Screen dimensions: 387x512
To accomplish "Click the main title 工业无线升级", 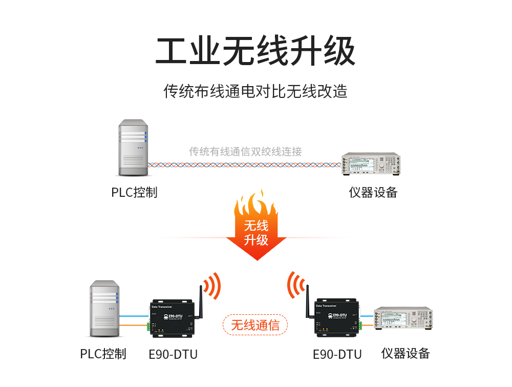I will [x=255, y=51].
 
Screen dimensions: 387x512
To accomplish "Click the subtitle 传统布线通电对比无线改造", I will [x=255, y=91].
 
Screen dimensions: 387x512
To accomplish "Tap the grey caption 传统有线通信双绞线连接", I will [x=245, y=151].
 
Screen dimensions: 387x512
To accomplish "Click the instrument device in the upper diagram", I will [x=371, y=165].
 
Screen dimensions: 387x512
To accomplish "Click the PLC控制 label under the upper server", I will [x=134, y=193].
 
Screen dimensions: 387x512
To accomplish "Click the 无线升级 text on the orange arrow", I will [x=256, y=233].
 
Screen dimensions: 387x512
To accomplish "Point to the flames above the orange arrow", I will [x=256, y=205].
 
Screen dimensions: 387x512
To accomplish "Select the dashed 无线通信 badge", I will [x=255, y=325].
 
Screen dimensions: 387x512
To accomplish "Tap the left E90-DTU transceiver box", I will [x=175, y=318].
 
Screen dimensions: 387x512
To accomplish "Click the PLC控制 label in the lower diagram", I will [x=103, y=354].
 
